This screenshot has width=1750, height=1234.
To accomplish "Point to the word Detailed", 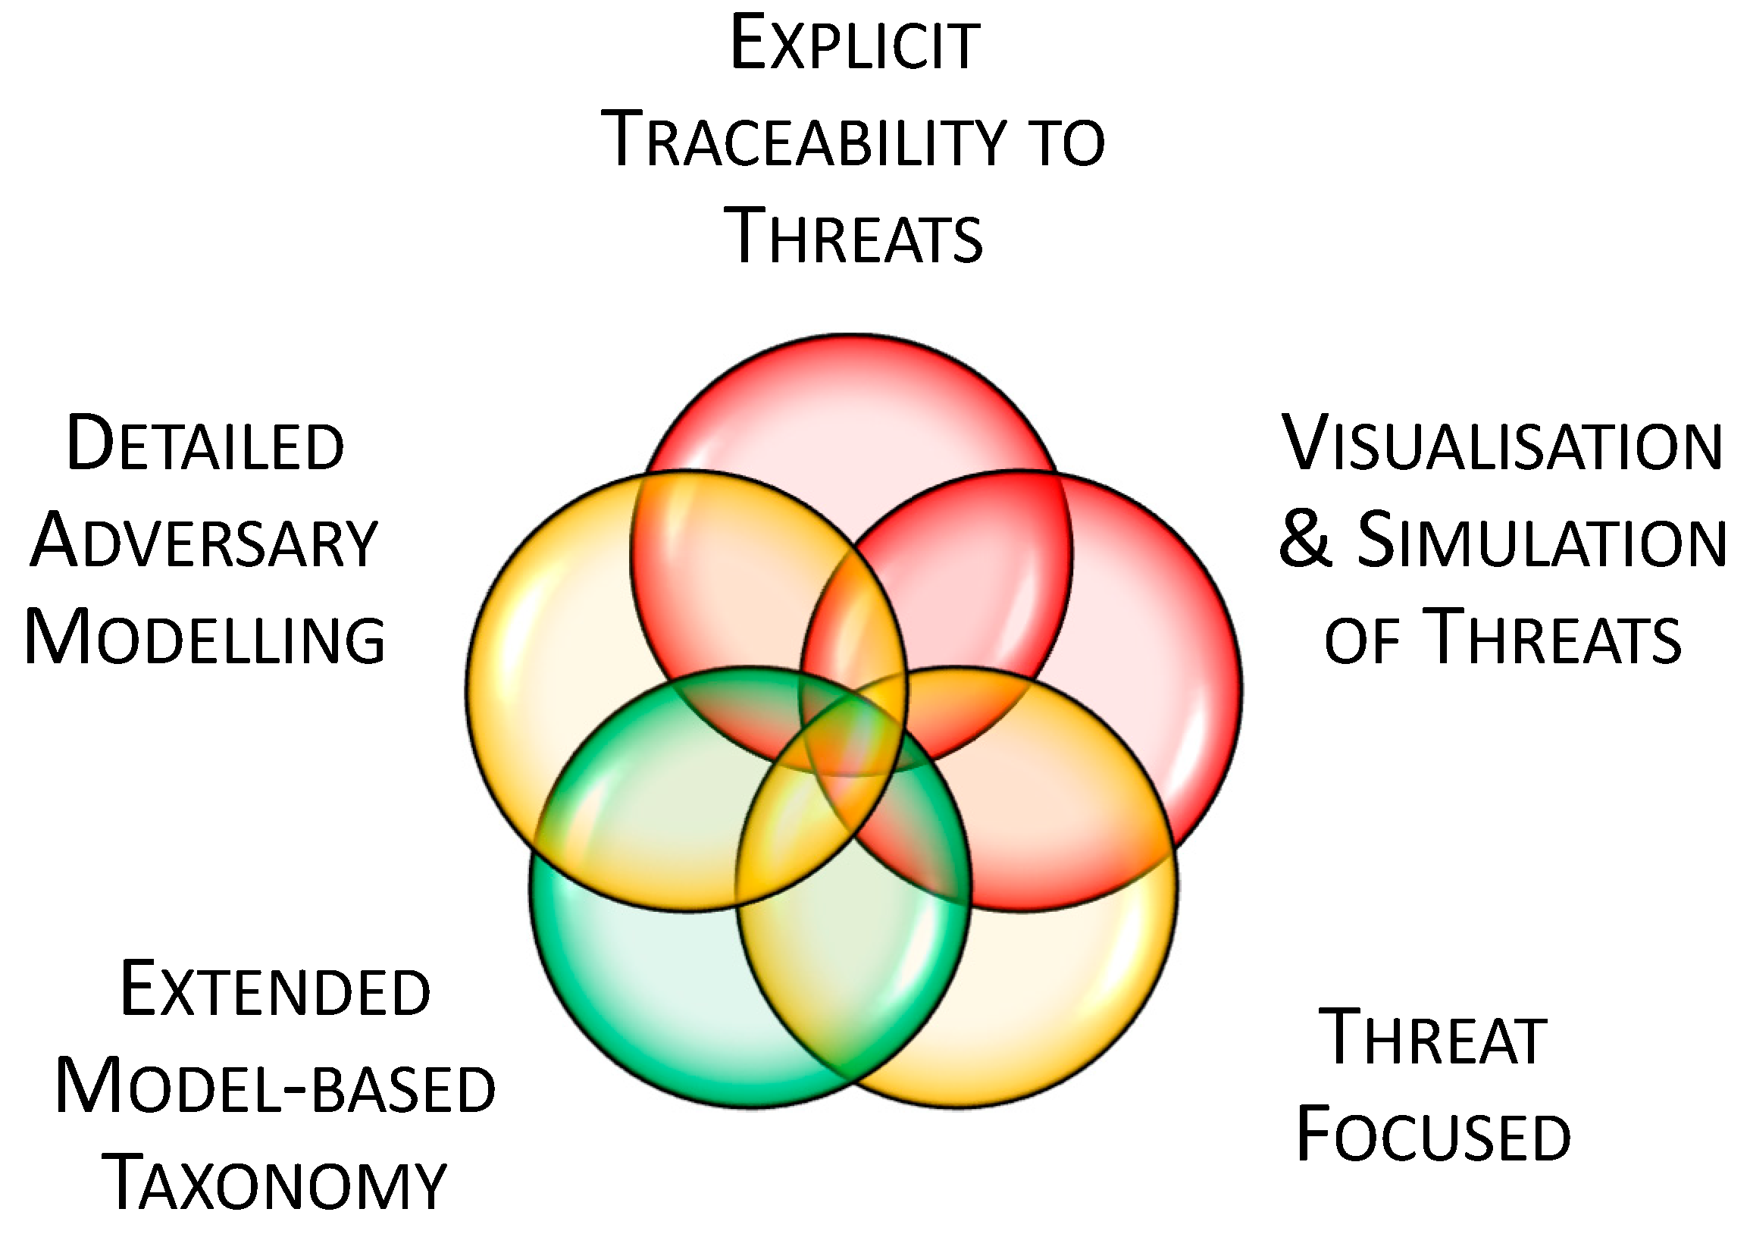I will pyautogui.click(x=205, y=444).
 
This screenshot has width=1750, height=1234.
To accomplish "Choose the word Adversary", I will pyautogui.click(x=205, y=542).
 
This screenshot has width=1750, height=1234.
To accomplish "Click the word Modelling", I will pyautogui.click(x=205, y=638).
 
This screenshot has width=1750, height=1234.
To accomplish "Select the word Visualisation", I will pyautogui.click(x=1502, y=444).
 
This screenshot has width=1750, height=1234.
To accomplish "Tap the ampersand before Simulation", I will pyautogui.click(x=1306, y=540).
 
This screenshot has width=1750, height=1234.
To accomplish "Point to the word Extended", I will pyautogui.click(x=276, y=991).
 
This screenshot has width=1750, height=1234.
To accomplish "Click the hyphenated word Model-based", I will pyautogui.click(x=276, y=1088).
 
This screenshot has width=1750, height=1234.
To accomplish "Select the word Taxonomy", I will pyautogui.click(x=276, y=1184).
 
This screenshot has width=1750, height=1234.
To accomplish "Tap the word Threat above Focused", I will pyautogui.click(x=1433, y=1038).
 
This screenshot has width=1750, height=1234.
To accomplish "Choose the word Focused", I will pyautogui.click(x=1433, y=1136).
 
